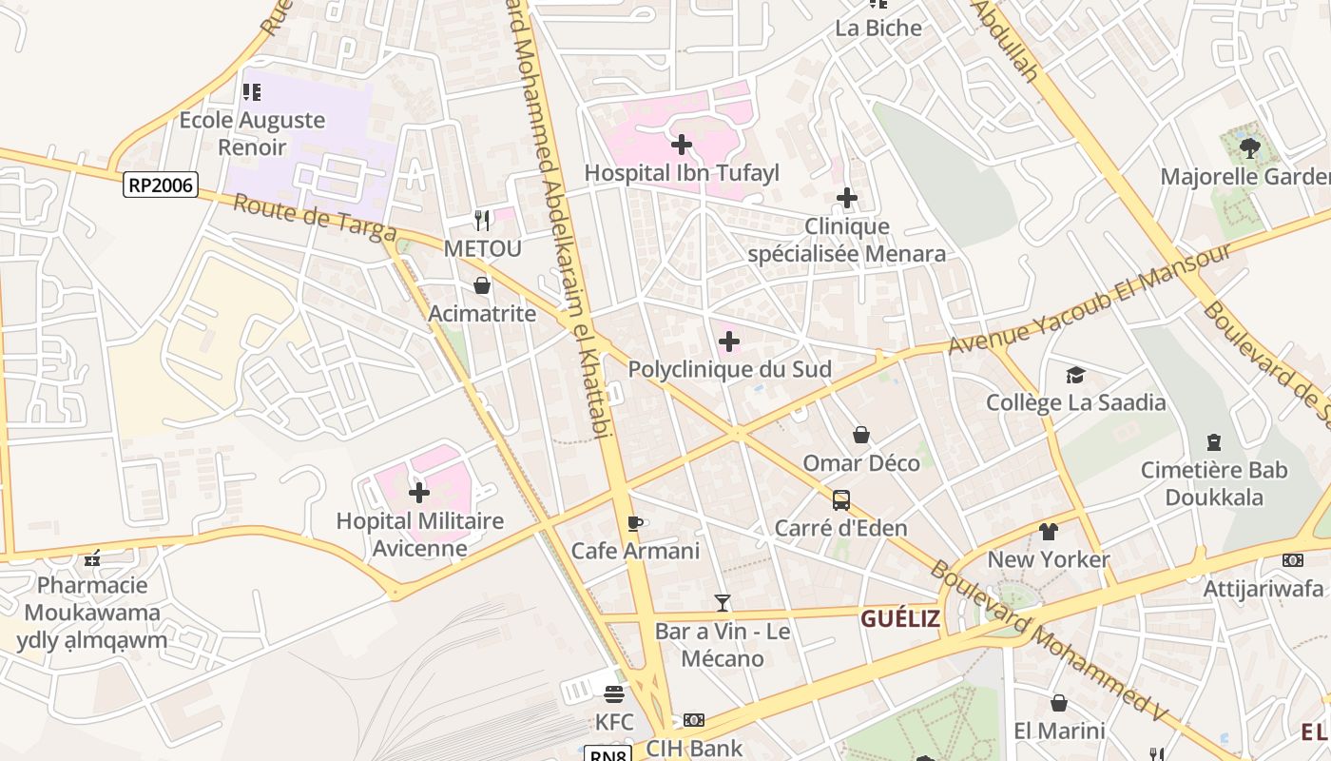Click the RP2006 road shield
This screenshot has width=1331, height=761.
coord(161,185)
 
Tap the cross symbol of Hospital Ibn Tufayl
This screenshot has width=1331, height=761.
coord(682,145)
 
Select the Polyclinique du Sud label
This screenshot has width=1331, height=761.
coord(729,369)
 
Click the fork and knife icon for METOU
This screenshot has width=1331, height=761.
coord(482,221)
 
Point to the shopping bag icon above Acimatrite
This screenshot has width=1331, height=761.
coord(482,285)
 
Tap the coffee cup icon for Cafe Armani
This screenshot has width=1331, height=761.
coord(635,522)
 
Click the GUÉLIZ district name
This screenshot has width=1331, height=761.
coord(900,619)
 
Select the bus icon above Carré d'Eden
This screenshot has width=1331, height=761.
coord(841,499)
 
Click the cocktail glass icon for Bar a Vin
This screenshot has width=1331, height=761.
coord(723,602)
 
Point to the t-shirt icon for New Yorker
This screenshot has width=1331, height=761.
coord(1049,531)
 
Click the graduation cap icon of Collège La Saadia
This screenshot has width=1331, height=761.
coord(1075,375)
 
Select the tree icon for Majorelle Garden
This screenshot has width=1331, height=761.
coord(1249,148)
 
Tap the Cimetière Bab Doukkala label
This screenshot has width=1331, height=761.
coord(1214,483)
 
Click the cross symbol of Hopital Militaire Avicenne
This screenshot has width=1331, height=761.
coord(419,493)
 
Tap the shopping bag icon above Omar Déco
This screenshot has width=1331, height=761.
coord(861,435)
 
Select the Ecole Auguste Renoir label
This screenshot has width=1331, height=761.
coord(252,133)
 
